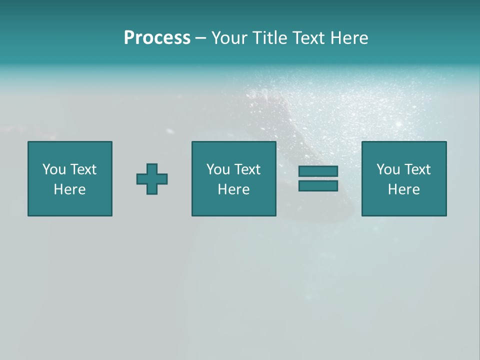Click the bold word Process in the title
pos(157,38)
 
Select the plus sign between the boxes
pos(152,179)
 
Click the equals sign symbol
pos(318,178)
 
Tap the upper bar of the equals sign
pos(318,171)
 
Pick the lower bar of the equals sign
pos(318,185)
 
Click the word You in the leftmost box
pos(54,169)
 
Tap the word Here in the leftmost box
pos(70,189)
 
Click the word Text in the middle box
pos(247,169)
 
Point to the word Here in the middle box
pos(234,189)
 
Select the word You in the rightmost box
pos(388,169)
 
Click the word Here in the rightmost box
pos(404,189)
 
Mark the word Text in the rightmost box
pos(417,169)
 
